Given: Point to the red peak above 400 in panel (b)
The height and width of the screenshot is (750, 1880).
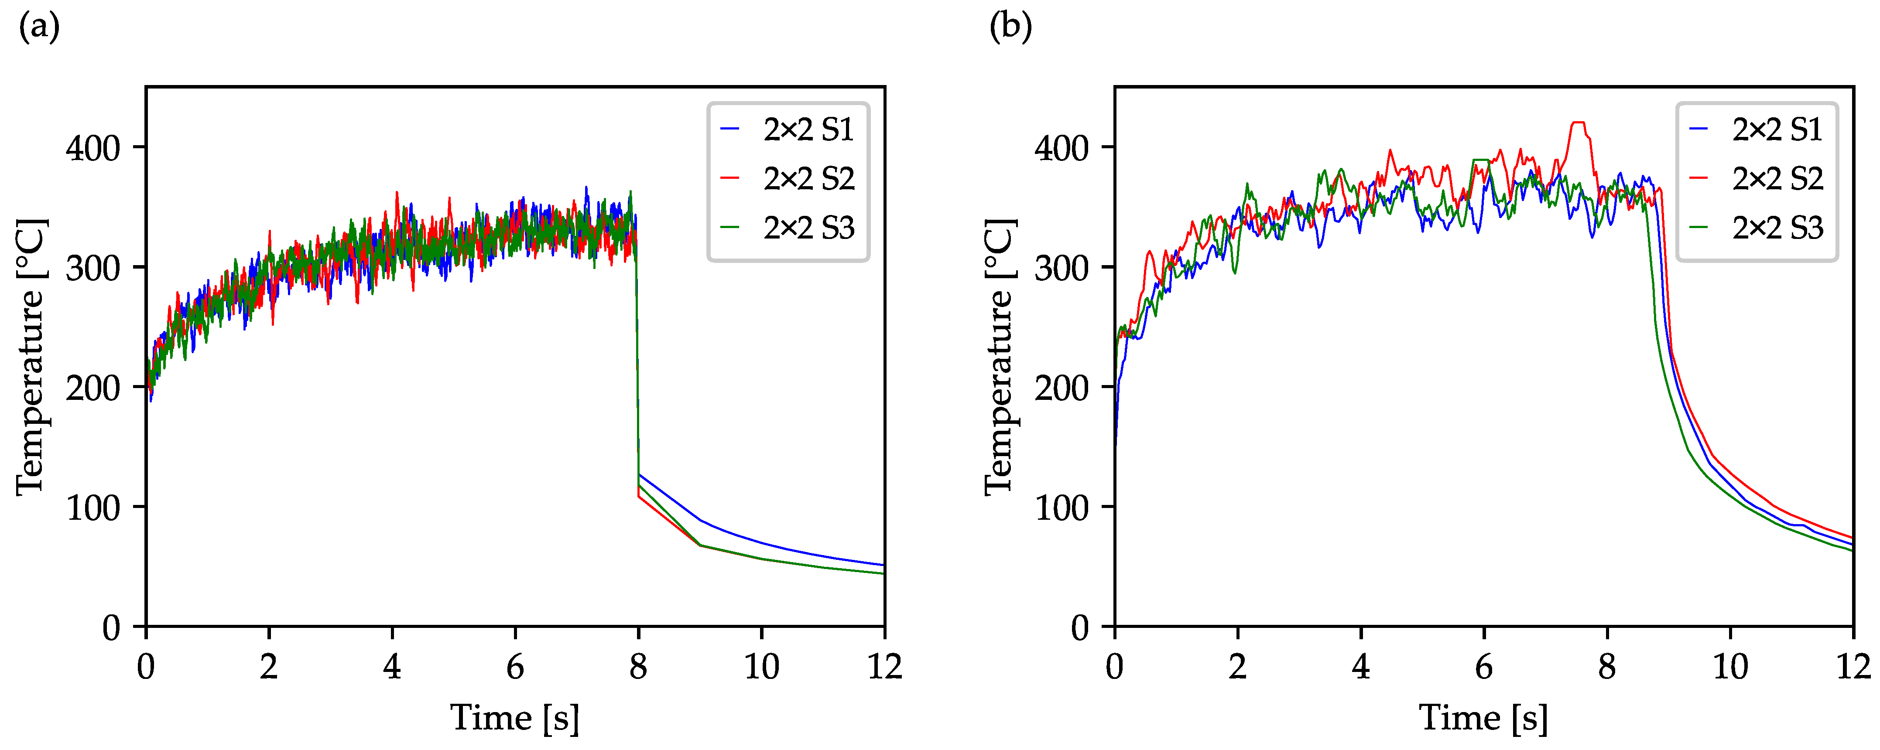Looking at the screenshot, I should (x=1579, y=123).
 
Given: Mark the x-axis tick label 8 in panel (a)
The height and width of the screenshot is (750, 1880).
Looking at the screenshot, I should (x=639, y=667).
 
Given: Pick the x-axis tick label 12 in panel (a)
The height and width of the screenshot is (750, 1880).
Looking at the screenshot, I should (x=884, y=667).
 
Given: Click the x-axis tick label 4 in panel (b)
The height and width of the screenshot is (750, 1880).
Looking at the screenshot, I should (x=1360, y=667).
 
